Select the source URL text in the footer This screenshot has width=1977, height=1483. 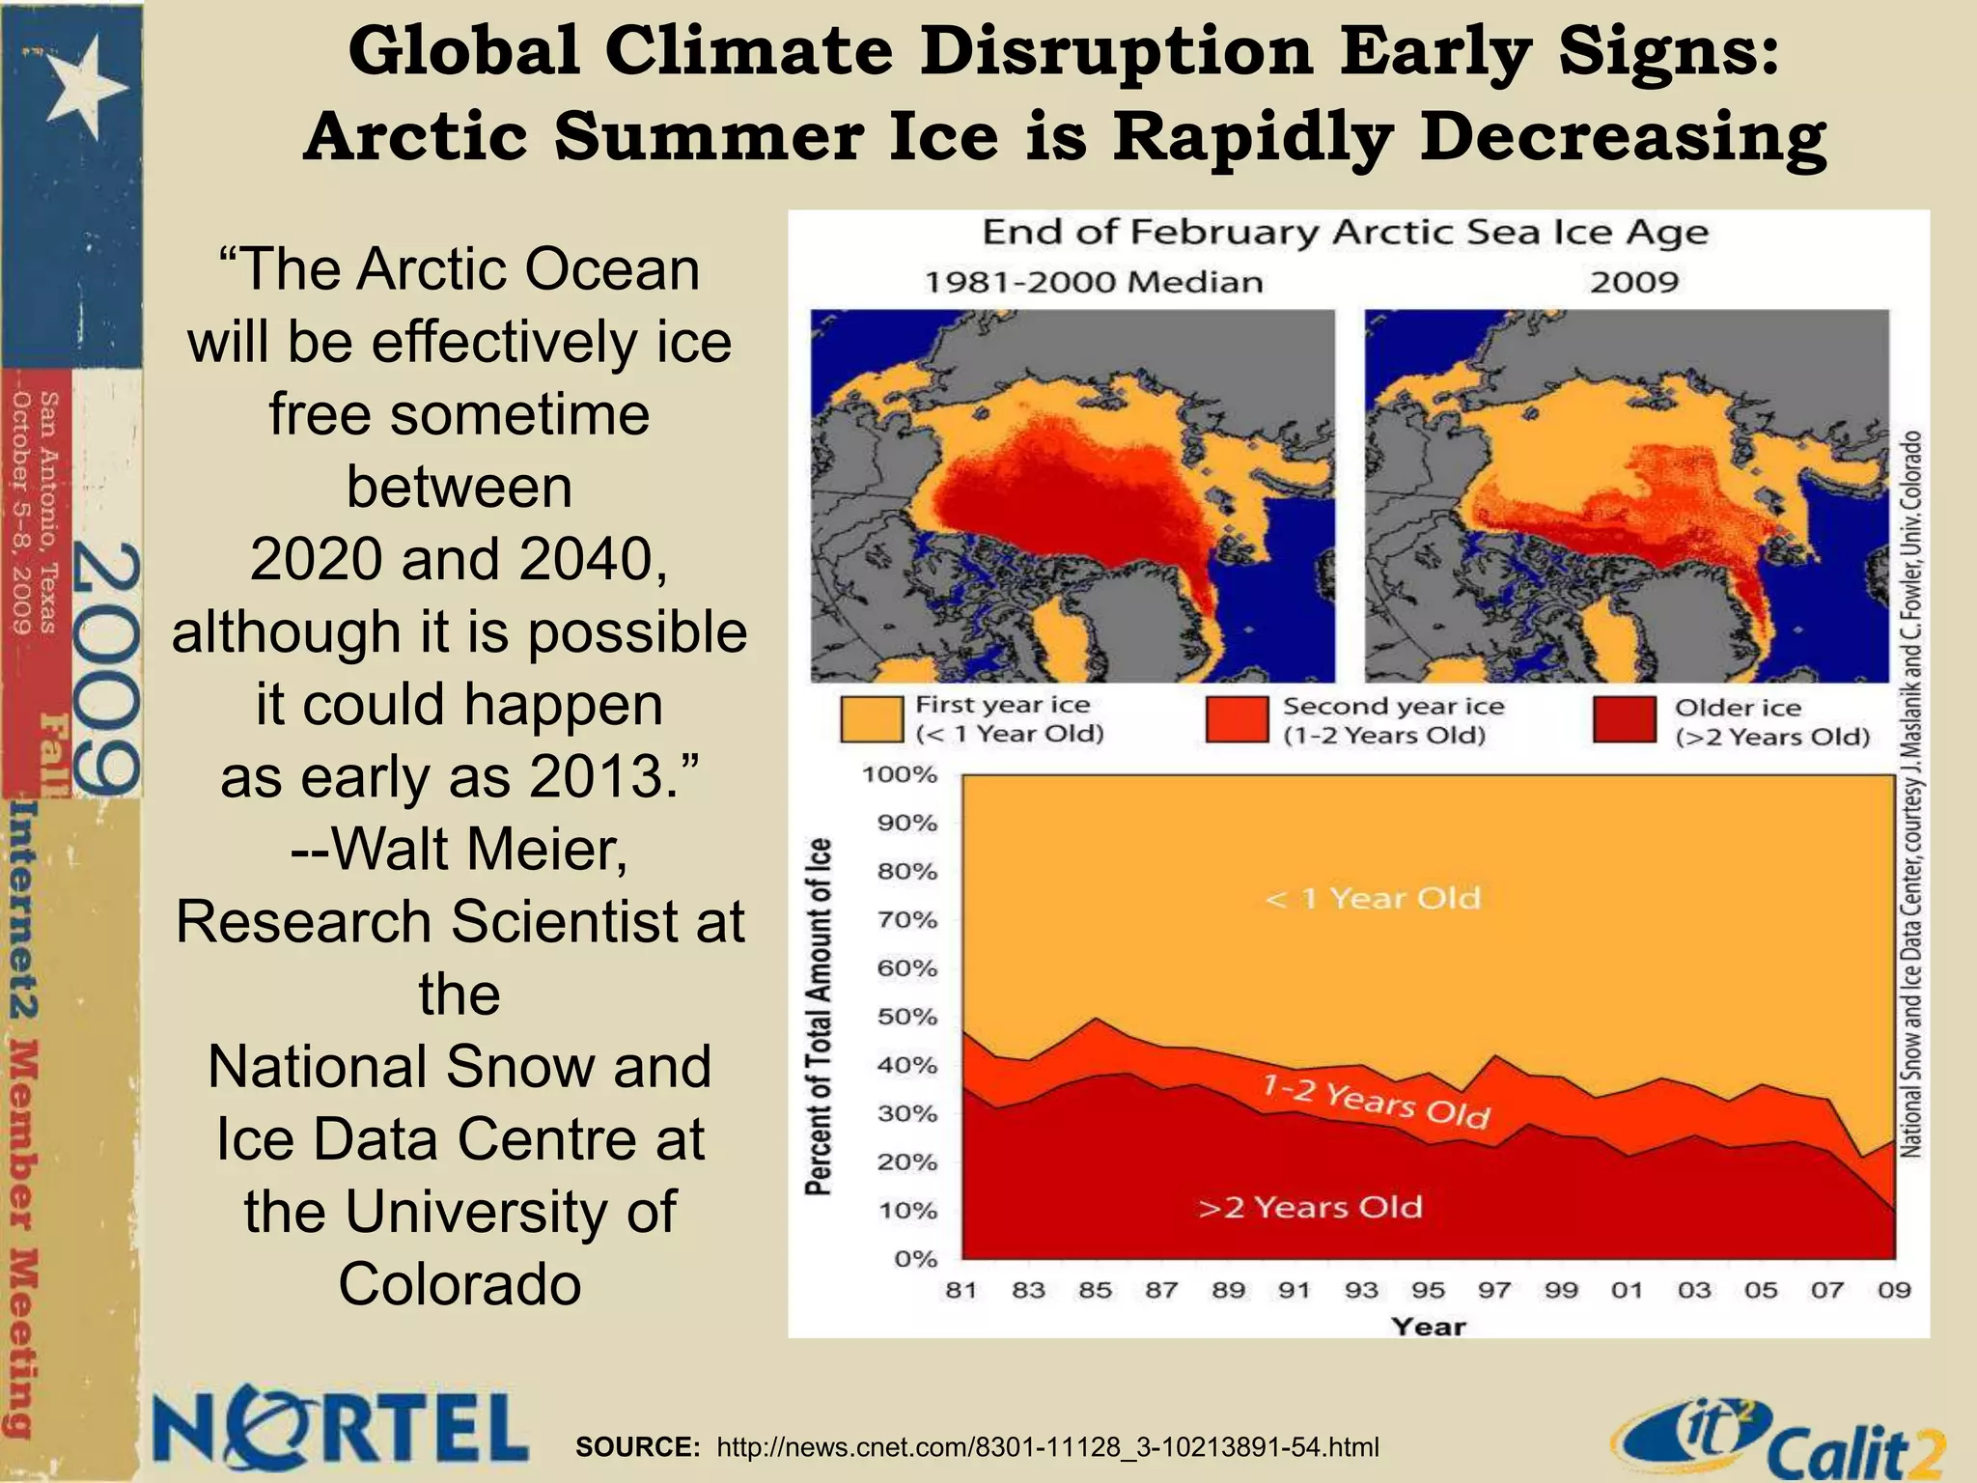pyautogui.click(x=1047, y=1447)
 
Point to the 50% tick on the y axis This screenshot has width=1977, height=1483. pyautogui.click(x=907, y=1017)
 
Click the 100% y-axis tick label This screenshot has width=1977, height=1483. pyautogui.click(x=899, y=774)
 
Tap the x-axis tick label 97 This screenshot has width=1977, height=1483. pyautogui.click(x=1494, y=1290)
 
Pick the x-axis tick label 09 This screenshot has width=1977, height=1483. pyautogui.click(x=1894, y=1290)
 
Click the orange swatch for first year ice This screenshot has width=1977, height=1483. pyautogui.click(x=871, y=720)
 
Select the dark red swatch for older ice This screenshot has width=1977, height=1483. pyautogui.click(x=1624, y=720)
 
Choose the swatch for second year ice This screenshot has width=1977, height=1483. pyautogui.click(x=1236, y=720)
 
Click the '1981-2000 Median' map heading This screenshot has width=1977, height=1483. pyautogui.click(x=1093, y=282)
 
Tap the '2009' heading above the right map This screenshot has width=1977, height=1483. pyautogui.click(x=1634, y=282)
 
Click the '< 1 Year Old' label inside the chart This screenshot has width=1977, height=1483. pyautogui.click(x=1373, y=899)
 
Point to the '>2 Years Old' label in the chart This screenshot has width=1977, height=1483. pyautogui.click(x=1310, y=1207)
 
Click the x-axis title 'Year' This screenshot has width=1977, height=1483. pyautogui.click(x=1428, y=1327)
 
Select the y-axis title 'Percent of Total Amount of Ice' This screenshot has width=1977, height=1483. pyautogui.click(x=819, y=1017)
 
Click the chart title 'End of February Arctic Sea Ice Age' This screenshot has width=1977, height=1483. pyautogui.click(x=1345, y=233)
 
